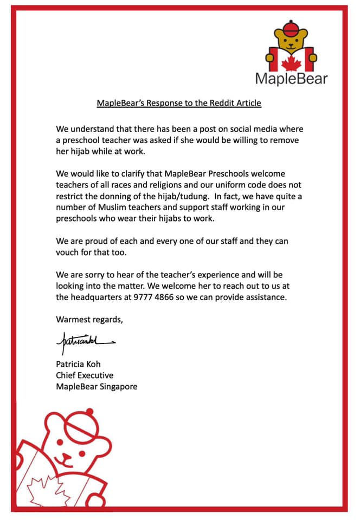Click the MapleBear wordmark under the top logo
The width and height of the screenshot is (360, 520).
291,79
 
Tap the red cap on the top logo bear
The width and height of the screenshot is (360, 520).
292,27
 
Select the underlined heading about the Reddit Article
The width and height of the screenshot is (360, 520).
179,102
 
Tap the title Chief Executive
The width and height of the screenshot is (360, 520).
85,375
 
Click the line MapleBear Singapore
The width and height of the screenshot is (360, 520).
97,387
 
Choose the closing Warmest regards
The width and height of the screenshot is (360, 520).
89,319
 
